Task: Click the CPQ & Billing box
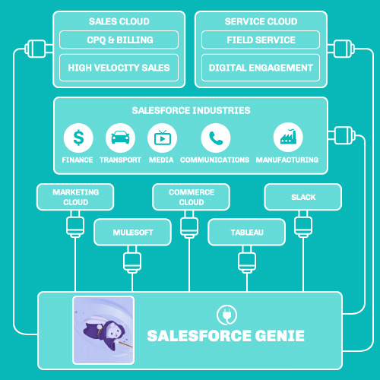tap(119, 40)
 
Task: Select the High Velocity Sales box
tap(119, 68)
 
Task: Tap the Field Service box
tap(261, 40)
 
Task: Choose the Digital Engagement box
tap(261, 68)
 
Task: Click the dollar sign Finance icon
tap(78, 138)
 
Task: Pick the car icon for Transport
tap(119, 138)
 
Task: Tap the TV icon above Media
tap(161, 138)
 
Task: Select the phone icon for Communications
tap(215, 138)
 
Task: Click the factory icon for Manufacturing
tap(287, 138)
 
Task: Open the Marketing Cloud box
tap(76, 197)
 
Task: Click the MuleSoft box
tap(131, 232)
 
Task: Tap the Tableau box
tap(247, 232)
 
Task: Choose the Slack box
tap(303, 197)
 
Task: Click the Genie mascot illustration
tap(103, 329)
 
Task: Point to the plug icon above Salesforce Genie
tap(223, 314)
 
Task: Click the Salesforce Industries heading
tap(190, 110)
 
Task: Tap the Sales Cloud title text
tap(119, 21)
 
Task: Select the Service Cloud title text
tap(261, 21)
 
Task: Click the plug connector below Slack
tap(303, 226)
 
